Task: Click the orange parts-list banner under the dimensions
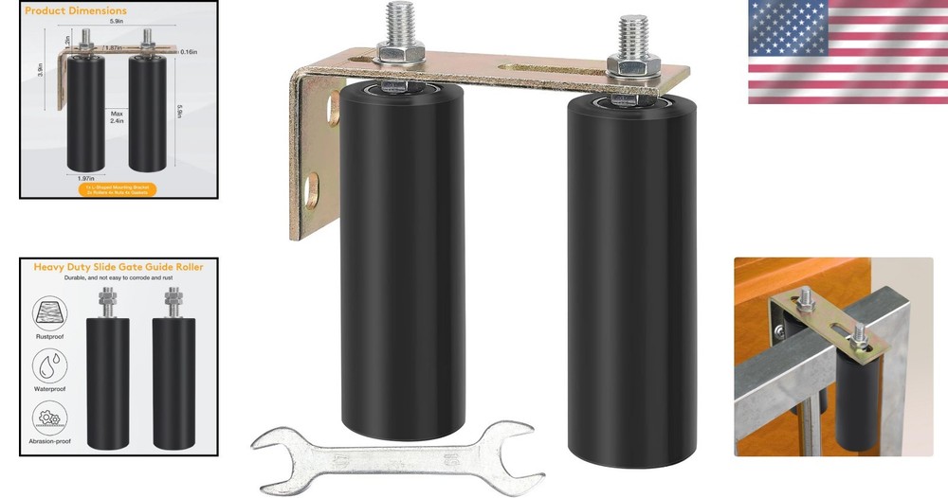pyautogui.click(x=118, y=188)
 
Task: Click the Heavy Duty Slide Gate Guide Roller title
pyautogui.click(x=118, y=268)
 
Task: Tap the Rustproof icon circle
pyautogui.click(x=48, y=312)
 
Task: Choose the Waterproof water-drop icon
pyautogui.click(x=48, y=365)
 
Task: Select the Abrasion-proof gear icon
pyautogui.click(x=48, y=417)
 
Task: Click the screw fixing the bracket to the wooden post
pyautogui.click(x=780, y=331)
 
